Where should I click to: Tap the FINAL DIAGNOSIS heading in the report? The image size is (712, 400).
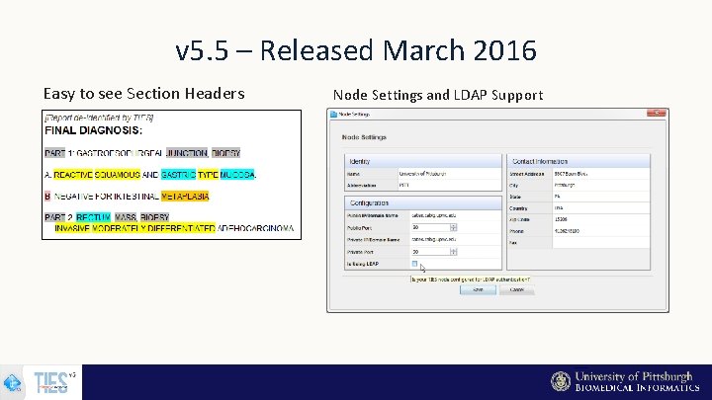click(x=93, y=130)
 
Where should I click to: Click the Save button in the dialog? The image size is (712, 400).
click(x=478, y=290)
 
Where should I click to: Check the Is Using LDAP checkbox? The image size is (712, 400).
click(x=414, y=265)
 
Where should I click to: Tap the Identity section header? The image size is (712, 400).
click(x=361, y=160)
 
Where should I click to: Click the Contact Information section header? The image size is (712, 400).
click(x=541, y=160)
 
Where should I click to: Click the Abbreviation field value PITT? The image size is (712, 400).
click(x=404, y=184)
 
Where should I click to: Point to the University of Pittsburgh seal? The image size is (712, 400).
click(x=561, y=382)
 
